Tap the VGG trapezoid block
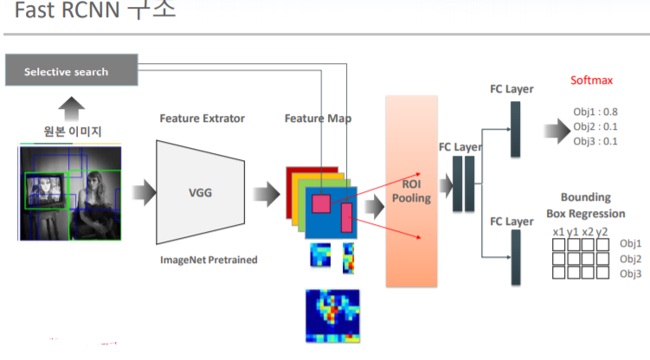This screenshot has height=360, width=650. click(200, 192)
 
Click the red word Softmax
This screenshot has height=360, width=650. click(591, 80)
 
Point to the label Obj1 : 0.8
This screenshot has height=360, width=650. click(595, 112)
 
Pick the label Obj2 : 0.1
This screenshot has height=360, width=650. click(595, 126)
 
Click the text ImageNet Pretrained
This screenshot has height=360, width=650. click(209, 260)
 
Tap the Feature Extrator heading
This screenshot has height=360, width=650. click(202, 118)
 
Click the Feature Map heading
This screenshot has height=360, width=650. click(318, 118)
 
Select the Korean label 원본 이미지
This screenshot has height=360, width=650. click(74, 132)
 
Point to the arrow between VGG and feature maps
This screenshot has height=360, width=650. click(263, 192)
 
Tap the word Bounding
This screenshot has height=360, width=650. click(585, 197)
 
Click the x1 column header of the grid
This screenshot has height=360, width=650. click(558, 231)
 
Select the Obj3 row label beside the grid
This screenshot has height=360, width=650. click(631, 273)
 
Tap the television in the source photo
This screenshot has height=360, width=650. click(45, 187)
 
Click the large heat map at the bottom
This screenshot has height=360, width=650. click(331, 316)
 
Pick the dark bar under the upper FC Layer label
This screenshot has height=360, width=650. click(515, 129)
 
